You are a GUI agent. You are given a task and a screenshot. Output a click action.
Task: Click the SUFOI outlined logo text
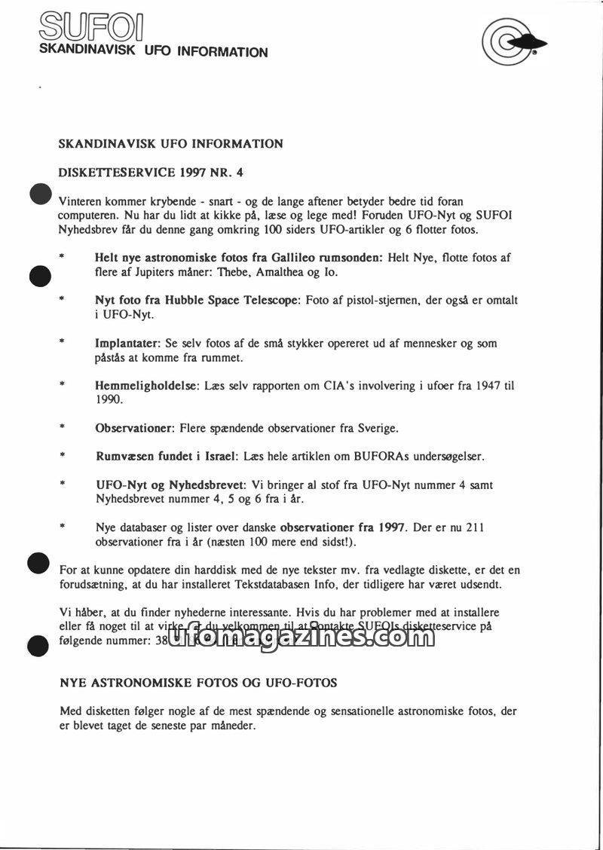tap(92, 29)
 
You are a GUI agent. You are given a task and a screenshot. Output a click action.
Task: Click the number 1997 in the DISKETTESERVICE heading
tap(196, 172)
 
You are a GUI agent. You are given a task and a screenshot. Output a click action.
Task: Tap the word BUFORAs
tap(354, 457)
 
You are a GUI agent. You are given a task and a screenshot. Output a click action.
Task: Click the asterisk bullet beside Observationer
tap(63, 428)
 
